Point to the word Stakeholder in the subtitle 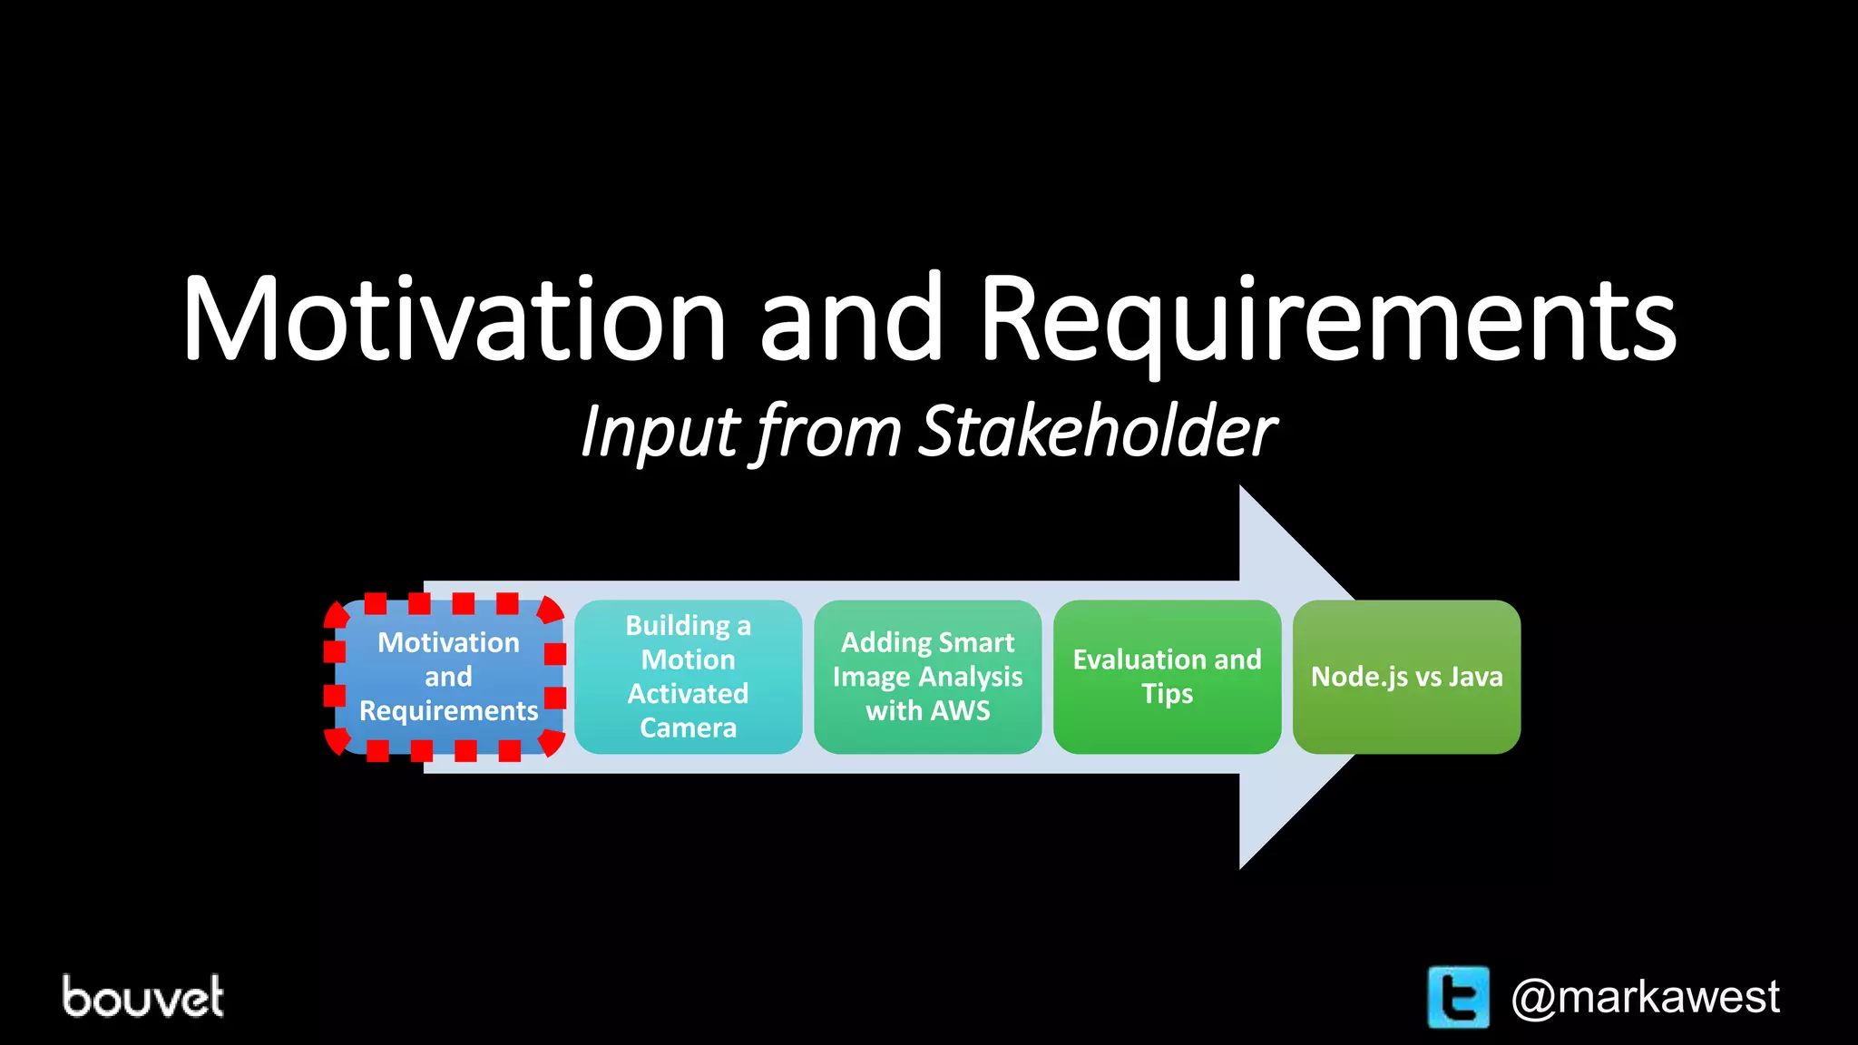pyautogui.click(x=1098, y=432)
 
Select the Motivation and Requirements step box pyautogui.click(x=448, y=677)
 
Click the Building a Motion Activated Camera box pyautogui.click(x=688, y=677)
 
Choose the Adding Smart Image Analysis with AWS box pyautogui.click(x=927, y=677)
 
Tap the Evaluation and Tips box pyautogui.click(x=1167, y=677)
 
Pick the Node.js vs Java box pyautogui.click(x=1406, y=677)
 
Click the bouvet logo pyautogui.click(x=143, y=996)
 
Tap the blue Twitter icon pyautogui.click(x=1458, y=997)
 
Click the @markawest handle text pyautogui.click(x=1645, y=997)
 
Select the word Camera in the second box pyautogui.click(x=688, y=728)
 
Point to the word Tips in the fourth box pyautogui.click(x=1167, y=694)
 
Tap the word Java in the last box pyautogui.click(x=1475, y=677)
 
